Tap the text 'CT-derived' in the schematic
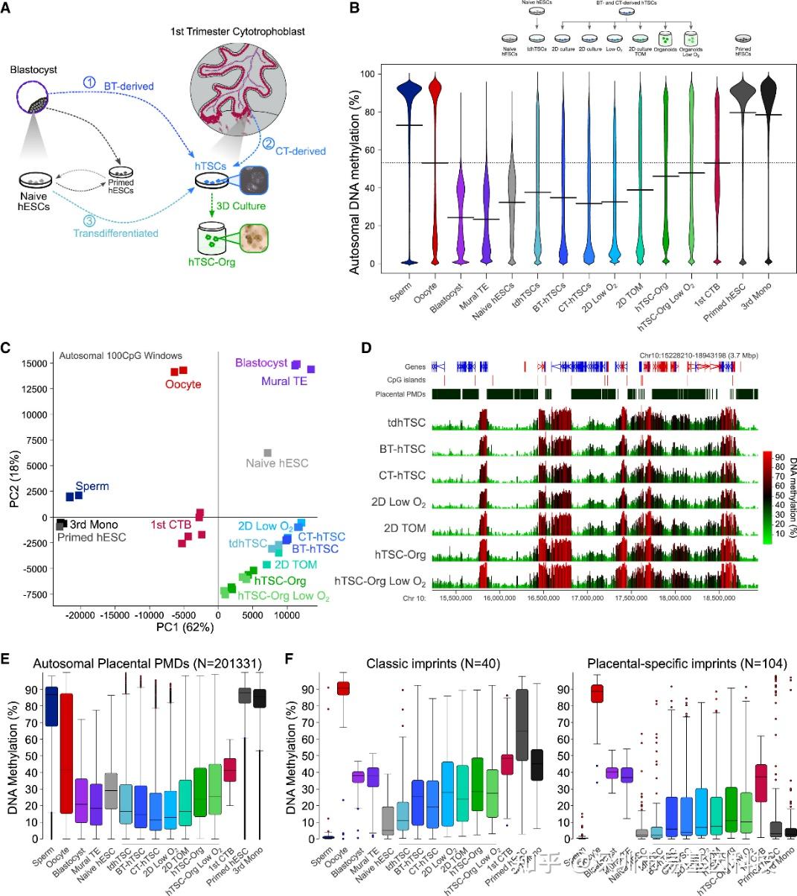coord(300,151)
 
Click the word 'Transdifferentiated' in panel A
coord(115,233)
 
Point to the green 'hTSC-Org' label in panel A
coord(210,262)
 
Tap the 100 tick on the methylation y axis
coord(364,74)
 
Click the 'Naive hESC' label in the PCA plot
coord(277,463)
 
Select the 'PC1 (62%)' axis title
coord(185,627)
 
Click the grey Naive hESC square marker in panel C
coord(268,452)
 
